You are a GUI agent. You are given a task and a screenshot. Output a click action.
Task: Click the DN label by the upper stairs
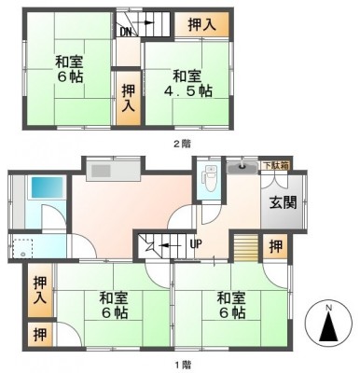(x=126, y=32)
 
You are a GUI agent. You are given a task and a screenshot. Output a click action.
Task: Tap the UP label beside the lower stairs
(x=196, y=244)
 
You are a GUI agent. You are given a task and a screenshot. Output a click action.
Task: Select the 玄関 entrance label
(x=283, y=202)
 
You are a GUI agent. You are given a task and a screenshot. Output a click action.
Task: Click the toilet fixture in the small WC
(x=210, y=178)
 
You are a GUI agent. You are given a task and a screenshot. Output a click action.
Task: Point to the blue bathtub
(x=47, y=187)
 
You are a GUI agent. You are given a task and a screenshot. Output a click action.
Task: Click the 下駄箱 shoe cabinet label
(x=275, y=166)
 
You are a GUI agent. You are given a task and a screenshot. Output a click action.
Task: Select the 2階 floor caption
(x=182, y=144)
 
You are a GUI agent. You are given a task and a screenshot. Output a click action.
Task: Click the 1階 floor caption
(x=182, y=364)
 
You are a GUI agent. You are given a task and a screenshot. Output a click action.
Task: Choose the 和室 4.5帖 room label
(x=187, y=83)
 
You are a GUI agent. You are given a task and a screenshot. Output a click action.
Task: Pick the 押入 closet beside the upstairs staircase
(x=201, y=25)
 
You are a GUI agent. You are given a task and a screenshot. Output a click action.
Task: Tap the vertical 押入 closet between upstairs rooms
(x=129, y=98)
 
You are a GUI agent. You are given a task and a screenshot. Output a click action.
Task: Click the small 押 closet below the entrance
(x=276, y=246)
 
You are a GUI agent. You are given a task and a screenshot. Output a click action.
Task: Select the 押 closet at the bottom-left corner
(x=40, y=335)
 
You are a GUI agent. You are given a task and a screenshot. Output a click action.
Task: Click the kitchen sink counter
(x=113, y=171)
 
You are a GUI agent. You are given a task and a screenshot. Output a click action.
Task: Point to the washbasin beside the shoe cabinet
(x=242, y=168)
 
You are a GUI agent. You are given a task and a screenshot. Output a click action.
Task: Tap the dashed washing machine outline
(x=22, y=248)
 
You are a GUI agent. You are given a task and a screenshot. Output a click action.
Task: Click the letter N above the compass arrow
(x=328, y=309)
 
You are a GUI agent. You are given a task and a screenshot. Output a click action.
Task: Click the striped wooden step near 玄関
(x=246, y=248)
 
